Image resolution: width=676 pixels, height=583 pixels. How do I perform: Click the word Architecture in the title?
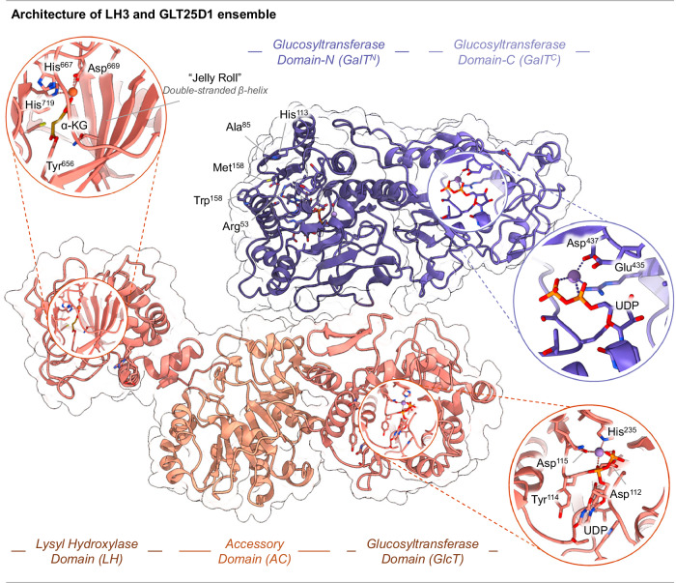44,13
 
